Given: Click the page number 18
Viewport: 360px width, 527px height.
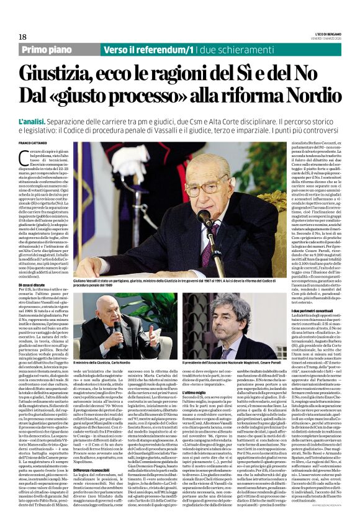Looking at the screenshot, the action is coord(22,37).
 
